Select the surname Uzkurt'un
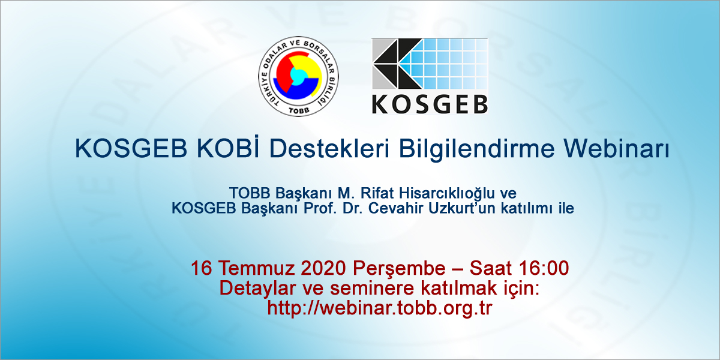tap(458, 209)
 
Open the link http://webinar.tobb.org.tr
tap(380, 307)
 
